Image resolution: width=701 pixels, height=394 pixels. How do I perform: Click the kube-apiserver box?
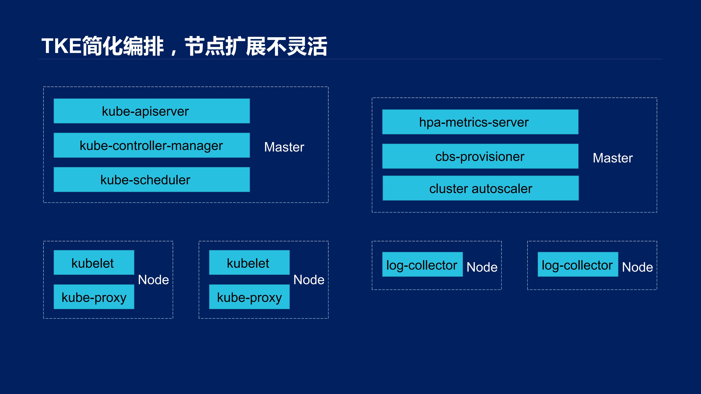click(x=152, y=111)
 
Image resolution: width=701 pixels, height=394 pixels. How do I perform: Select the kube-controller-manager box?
click(x=152, y=145)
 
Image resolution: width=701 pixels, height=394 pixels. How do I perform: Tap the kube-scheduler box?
click(x=152, y=179)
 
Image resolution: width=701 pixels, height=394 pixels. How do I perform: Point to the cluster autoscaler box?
click(x=481, y=188)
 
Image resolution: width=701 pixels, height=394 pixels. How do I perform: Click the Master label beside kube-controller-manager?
click(x=284, y=147)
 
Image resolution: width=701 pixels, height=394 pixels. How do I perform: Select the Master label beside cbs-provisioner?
click(x=613, y=158)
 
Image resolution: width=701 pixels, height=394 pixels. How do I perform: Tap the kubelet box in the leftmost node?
click(x=94, y=263)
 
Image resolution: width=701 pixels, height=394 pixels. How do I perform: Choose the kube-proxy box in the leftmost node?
click(x=94, y=297)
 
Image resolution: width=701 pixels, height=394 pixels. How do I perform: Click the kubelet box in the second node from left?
click(x=249, y=263)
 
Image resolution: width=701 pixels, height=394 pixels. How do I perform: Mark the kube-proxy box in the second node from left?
click(x=249, y=297)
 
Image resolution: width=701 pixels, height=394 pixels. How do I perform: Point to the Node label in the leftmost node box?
click(x=154, y=280)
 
